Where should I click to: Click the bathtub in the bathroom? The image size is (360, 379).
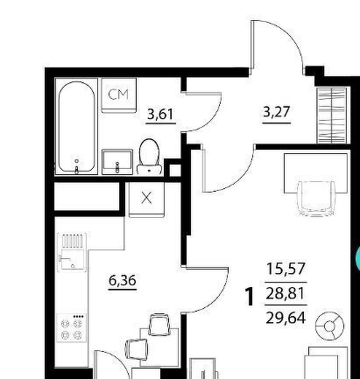pos(76,127)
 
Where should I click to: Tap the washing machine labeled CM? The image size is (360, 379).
pos(118,95)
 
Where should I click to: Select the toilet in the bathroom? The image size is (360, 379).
pos(149,157)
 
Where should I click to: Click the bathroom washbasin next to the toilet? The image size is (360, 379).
pos(117,162)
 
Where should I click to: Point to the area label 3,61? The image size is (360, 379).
pos(160,114)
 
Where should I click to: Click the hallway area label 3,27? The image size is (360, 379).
pos(276,112)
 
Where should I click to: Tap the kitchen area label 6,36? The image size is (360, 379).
pos(123,281)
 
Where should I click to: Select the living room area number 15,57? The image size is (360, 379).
pos(286,269)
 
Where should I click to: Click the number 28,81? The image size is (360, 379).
pos(286,293)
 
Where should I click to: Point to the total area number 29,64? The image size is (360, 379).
pos(286,318)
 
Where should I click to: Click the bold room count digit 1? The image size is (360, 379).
pos(250,297)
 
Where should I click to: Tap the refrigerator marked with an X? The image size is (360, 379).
pos(146,200)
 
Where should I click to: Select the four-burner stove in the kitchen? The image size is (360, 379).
pos(72,327)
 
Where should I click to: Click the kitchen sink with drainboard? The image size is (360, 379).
pos(72,252)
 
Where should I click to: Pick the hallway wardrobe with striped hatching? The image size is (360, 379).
pos(332,116)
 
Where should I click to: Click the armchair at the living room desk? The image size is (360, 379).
pos(316,199)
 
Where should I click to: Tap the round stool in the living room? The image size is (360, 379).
pos(329,326)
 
